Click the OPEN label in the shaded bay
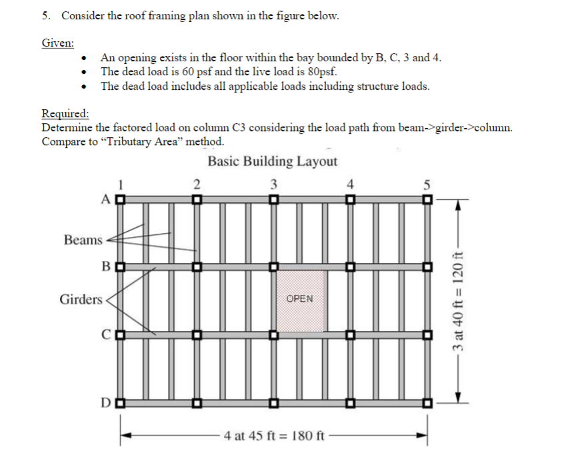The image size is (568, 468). pyautogui.click(x=299, y=298)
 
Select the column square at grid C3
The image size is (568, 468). pyautogui.click(x=273, y=334)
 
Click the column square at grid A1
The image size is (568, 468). pyautogui.click(x=121, y=199)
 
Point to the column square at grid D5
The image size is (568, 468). pyautogui.click(x=427, y=403)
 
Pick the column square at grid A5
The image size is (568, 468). pyautogui.click(x=427, y=199)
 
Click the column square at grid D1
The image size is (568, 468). pyautogui.click(x=121, y=403)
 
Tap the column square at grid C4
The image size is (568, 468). pyautogui.click(x=349, y=334)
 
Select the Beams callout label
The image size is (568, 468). pyautogui.click(x=83, y=240)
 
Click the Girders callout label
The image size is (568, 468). pyautogui.click(x=81, y=300)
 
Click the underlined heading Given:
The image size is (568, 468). pyautogui.click(x=57, y=43)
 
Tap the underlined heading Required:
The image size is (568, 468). pyautogui.click(x=65, y=113)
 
